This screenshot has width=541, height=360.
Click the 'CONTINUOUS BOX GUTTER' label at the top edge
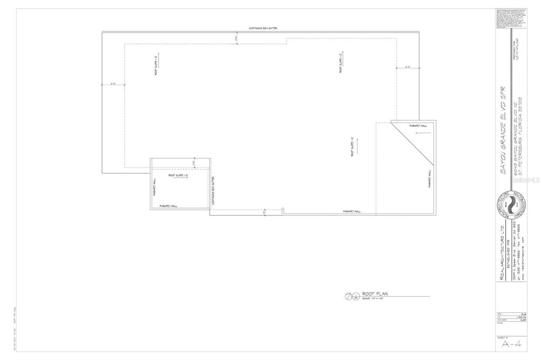pyautogui.click(x=263, y=28)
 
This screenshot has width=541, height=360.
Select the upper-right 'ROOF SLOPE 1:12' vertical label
pyautogui.click(x=341, y=63)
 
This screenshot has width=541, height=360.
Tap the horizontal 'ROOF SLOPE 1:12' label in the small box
pyautogui.click(x=179, y=174)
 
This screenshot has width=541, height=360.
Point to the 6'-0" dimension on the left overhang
pyautogui.click(x=113, y=83)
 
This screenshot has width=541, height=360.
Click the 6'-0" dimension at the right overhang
pyautogui.click(x=408, y=67)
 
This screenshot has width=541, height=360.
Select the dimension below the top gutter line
pyautogui.click(x=236, y=37)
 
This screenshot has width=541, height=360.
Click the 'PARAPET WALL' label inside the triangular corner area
pyautogui.click(x=418, y=126)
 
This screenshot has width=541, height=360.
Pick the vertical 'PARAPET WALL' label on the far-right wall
pyautogui.click(x=430, y=179)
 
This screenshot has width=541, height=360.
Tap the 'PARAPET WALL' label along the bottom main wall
pyautogui.click(x=351, y=211)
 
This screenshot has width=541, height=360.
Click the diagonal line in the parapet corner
pyautogui.click(x=413, y=143)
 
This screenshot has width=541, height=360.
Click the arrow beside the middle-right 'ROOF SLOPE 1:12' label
pyautogui.click(x=357, y=145)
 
